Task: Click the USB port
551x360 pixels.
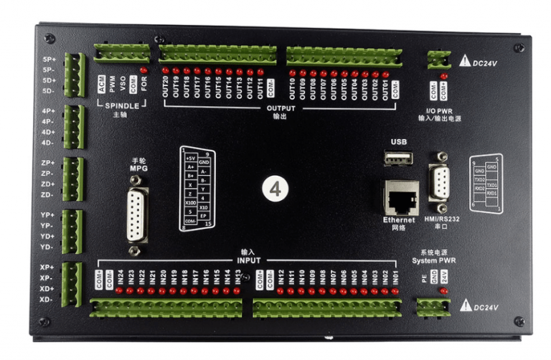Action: (x=399, y=158)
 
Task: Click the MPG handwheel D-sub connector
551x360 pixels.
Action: (x=136, y=214)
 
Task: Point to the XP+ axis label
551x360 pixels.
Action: (x=47, y=267)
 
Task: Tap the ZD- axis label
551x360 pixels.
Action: (x=47, y=194)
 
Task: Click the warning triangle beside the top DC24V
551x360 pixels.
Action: (x=465, y=62)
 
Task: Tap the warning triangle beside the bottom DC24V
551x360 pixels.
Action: (x=465, y=306)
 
